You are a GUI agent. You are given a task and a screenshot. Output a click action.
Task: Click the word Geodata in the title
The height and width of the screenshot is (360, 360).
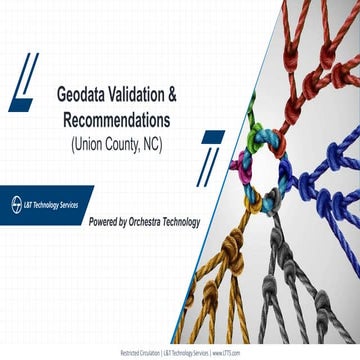(x=68, y=97)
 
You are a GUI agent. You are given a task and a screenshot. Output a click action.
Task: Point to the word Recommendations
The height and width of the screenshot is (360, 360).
(x=112, y=119)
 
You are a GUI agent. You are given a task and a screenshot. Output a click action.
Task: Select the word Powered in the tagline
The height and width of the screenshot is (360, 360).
(x=110, y=221)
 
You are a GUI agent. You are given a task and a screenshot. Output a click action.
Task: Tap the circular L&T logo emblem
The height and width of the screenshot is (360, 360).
(x=12, y=201)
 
